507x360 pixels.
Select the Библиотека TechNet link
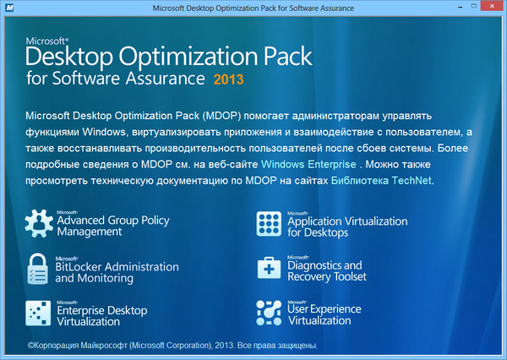pyautogui.click(x=383, y=180)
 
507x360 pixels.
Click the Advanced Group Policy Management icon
pyautogui.click(x=39, y=224)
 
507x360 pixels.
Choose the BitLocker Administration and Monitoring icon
pyautogui.click(x=39, y=270)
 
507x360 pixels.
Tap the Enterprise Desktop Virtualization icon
pyautogui.click(x=39, y=314)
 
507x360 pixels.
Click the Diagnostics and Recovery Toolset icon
pyautogui.click(x=270, y=270)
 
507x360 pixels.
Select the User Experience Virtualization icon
pyautogui.click(x=270, y=314)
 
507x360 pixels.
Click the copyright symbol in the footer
pyautogui.click(x=30, y=346)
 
